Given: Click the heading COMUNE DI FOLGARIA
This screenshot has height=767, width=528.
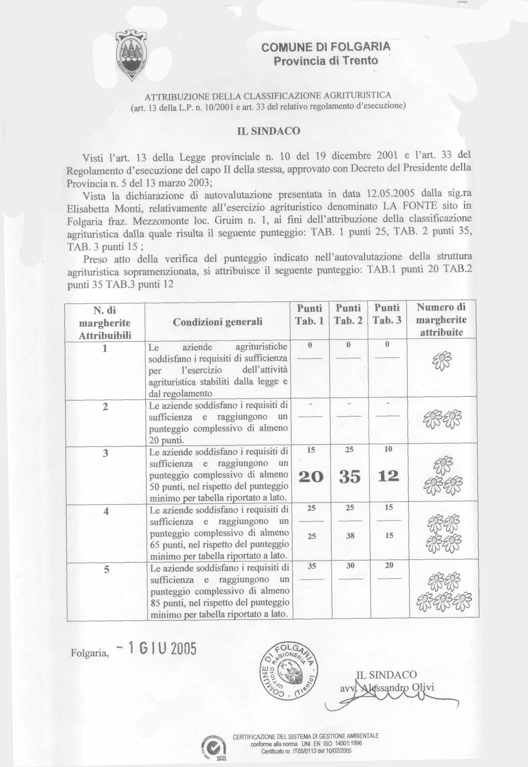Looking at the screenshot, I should tap(326, 47).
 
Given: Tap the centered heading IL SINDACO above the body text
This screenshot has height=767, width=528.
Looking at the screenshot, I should tap(269, 131).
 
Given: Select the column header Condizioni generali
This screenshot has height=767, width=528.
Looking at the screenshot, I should tap(217, 322).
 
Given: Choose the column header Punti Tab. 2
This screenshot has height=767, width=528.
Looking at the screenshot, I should tap(348, 314).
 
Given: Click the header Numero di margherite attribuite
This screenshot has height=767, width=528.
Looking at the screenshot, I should tap(441, 320).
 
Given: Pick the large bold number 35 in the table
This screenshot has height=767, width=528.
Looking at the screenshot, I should tap(350, 477).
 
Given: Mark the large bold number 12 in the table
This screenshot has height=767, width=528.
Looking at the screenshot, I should tap(389, 476).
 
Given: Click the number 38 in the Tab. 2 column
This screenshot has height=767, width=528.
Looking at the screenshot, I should tap(350, 536).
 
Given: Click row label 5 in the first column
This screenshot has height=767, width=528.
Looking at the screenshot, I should tap(106, 569).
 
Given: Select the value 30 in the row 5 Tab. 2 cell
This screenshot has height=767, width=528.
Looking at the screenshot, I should tap(350, 565).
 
